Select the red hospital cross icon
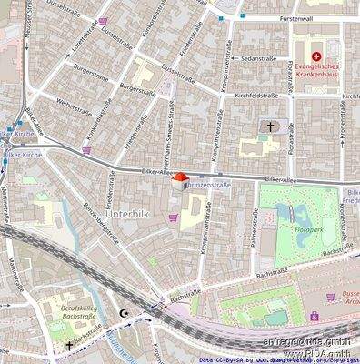tap(316, 56)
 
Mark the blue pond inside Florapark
tap(299, 214)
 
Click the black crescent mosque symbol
tap(125, 313)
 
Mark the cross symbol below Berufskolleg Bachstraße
tap(69, 346)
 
